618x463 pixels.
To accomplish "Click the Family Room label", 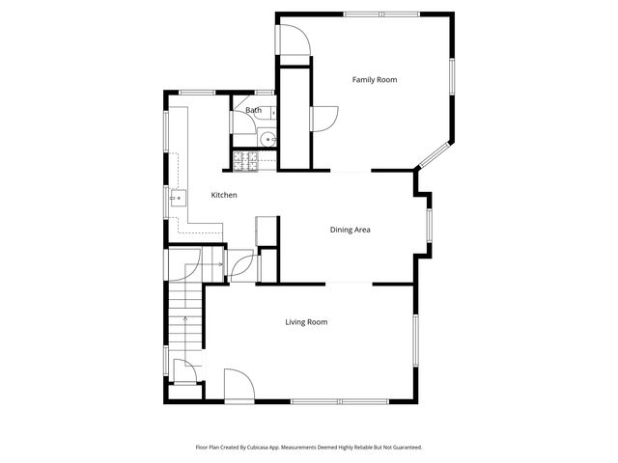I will (x=374, y=79).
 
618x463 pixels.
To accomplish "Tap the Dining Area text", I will (x=351, y=230).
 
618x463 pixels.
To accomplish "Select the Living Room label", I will (x=306, y=322).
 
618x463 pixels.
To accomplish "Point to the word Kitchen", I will (x=224, y=196).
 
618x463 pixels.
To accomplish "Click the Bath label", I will (x=253, y=110).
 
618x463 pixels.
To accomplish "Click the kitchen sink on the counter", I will (x=177, y=200).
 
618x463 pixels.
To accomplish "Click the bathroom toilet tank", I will (x=273, y=113).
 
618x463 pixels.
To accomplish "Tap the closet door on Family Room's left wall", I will (x=323, y=117).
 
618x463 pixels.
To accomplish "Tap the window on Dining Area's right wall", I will (x=431, y=225).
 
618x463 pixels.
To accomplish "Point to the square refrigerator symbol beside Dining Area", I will (x=265, y=232).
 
